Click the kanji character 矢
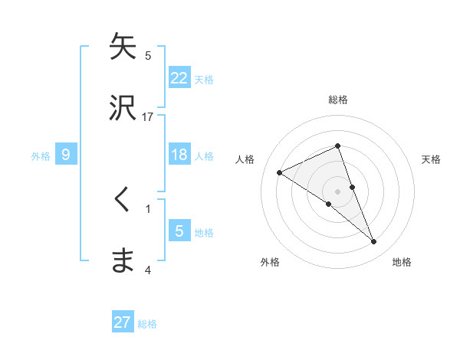click(123, 47)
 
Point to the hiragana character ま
click(123, 260)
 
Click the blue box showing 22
click(179, 77)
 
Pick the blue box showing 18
click(179, 155)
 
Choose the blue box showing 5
click(179, 231)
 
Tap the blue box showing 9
click(66, 155)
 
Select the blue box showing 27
click(123, 322)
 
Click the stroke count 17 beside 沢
click(148, 116)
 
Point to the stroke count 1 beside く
click(148, 208)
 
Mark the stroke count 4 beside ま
click(148, 270)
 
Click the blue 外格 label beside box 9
click(41, 155)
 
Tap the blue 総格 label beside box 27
click(147, 323)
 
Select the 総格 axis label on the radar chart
click(338, 100)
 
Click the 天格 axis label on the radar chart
click(432, 159)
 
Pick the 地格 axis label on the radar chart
click(402, 262)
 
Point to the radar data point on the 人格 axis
click(280, 172)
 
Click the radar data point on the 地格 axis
click(374, 242)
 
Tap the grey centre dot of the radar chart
click(338, 191)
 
